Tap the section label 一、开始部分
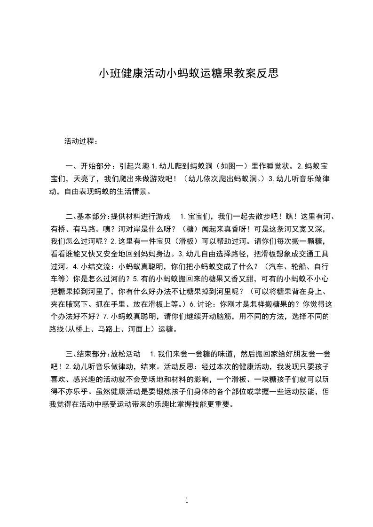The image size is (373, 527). tap(89, 166)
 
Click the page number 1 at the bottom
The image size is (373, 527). tap(187, 500)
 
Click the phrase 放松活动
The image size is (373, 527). tap(125, 353)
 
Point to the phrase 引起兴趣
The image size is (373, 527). tap(134, 166)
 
